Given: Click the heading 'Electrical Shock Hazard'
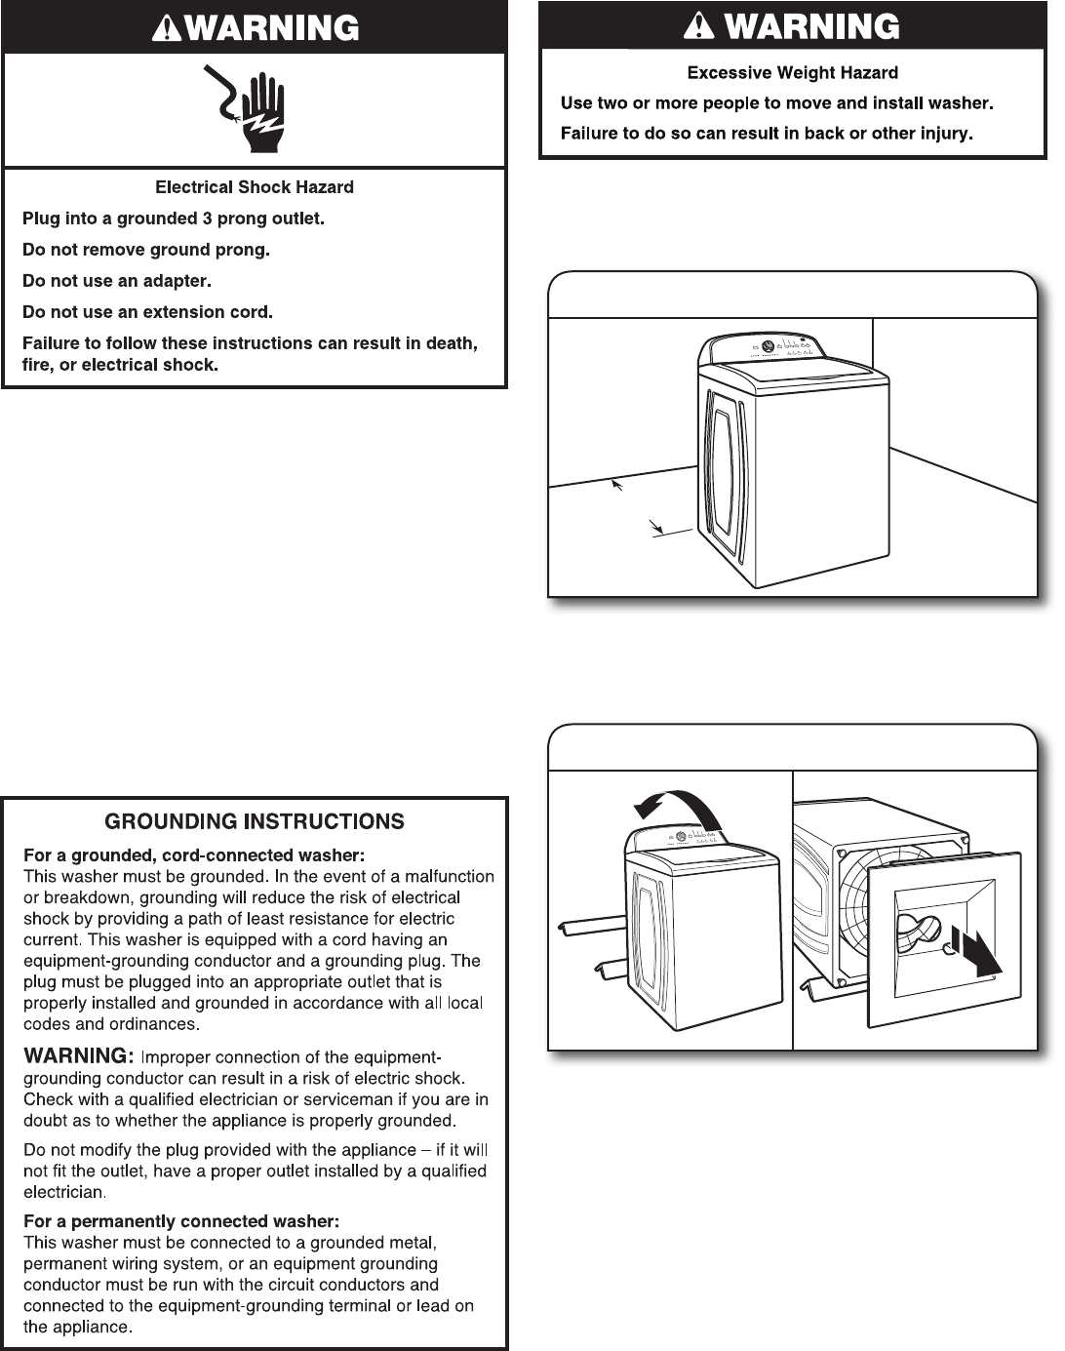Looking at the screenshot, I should pyautogui.click(x=255, y=187).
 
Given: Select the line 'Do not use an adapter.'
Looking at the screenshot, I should pyautogui.click(x=117, y=281).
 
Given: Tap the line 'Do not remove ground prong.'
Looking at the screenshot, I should pyautogui.click(x=146, y=250).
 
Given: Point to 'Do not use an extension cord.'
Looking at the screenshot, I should pyautogui.click(x=147, y=312).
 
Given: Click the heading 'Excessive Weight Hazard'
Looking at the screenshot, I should pyautogui.click(x=792, y=73).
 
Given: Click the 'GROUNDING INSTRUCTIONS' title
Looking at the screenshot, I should pyautogui.click(x=255, y=821).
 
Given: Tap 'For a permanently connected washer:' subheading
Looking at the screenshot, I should pyautogui.click(x=181, y=1221).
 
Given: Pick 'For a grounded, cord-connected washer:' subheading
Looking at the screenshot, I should pyautogui.click(x=194, y=855).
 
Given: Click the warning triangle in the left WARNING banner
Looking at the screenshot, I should pyautogui.click(x=167, y=29).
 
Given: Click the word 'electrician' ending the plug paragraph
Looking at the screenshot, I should pyautogui.click(x=63, y=1192).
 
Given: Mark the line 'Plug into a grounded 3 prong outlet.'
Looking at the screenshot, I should pyautogui.click(x=174, y=219).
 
